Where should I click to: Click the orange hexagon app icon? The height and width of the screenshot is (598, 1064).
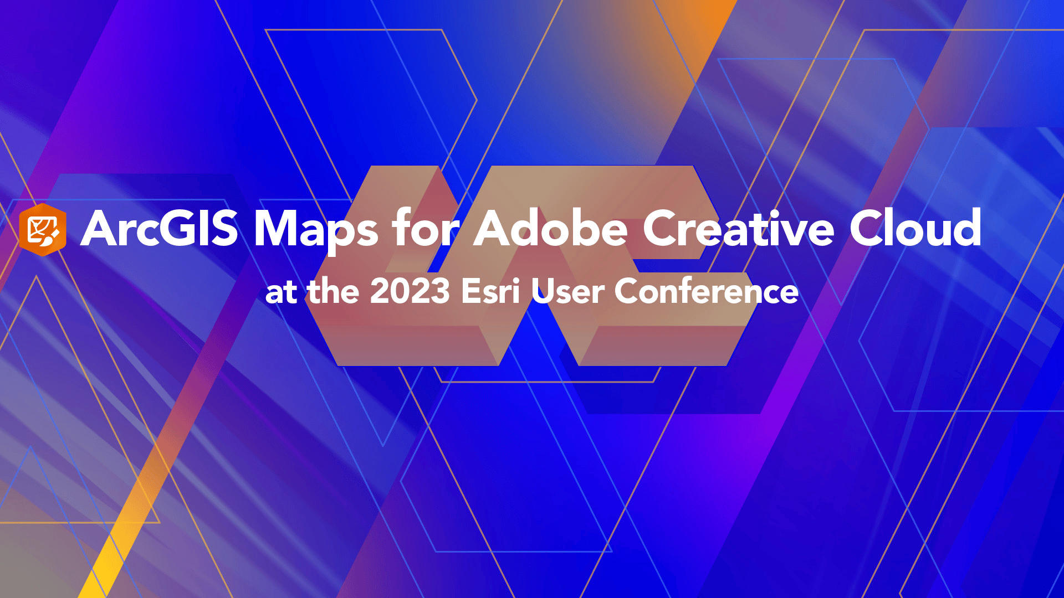(43, 229)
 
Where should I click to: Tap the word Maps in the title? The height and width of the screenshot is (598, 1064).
(316, 229)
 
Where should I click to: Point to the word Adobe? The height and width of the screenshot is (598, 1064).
(550, 228)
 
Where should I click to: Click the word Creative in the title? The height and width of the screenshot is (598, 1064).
(738, 228)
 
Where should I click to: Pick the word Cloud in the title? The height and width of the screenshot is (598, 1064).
(915, 228)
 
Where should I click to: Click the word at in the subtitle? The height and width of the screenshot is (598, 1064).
(282, 292)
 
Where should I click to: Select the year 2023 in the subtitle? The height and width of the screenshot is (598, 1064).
(410, 291)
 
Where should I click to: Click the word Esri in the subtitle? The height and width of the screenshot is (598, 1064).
(490, 291)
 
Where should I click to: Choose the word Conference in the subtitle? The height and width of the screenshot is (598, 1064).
(706, 291)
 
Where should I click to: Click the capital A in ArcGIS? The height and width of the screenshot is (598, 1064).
(102, 228)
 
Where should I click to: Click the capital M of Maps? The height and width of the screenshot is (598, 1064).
(277, 228)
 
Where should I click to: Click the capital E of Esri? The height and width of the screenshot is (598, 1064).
(471, 291)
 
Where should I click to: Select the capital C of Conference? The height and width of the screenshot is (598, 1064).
(629, 291)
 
